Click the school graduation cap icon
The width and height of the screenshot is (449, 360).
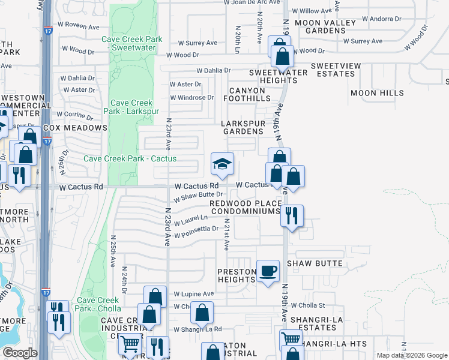(222, 163)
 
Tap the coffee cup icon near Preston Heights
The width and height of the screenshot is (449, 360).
(268, 271)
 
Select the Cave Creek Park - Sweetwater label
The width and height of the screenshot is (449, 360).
(132, 43)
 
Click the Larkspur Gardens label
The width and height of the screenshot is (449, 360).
(243, 127)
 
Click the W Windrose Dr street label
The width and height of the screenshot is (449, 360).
(192, 97)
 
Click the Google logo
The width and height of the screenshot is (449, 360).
(20, 353)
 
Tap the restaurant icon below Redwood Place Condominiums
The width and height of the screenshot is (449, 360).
(292, 215)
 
